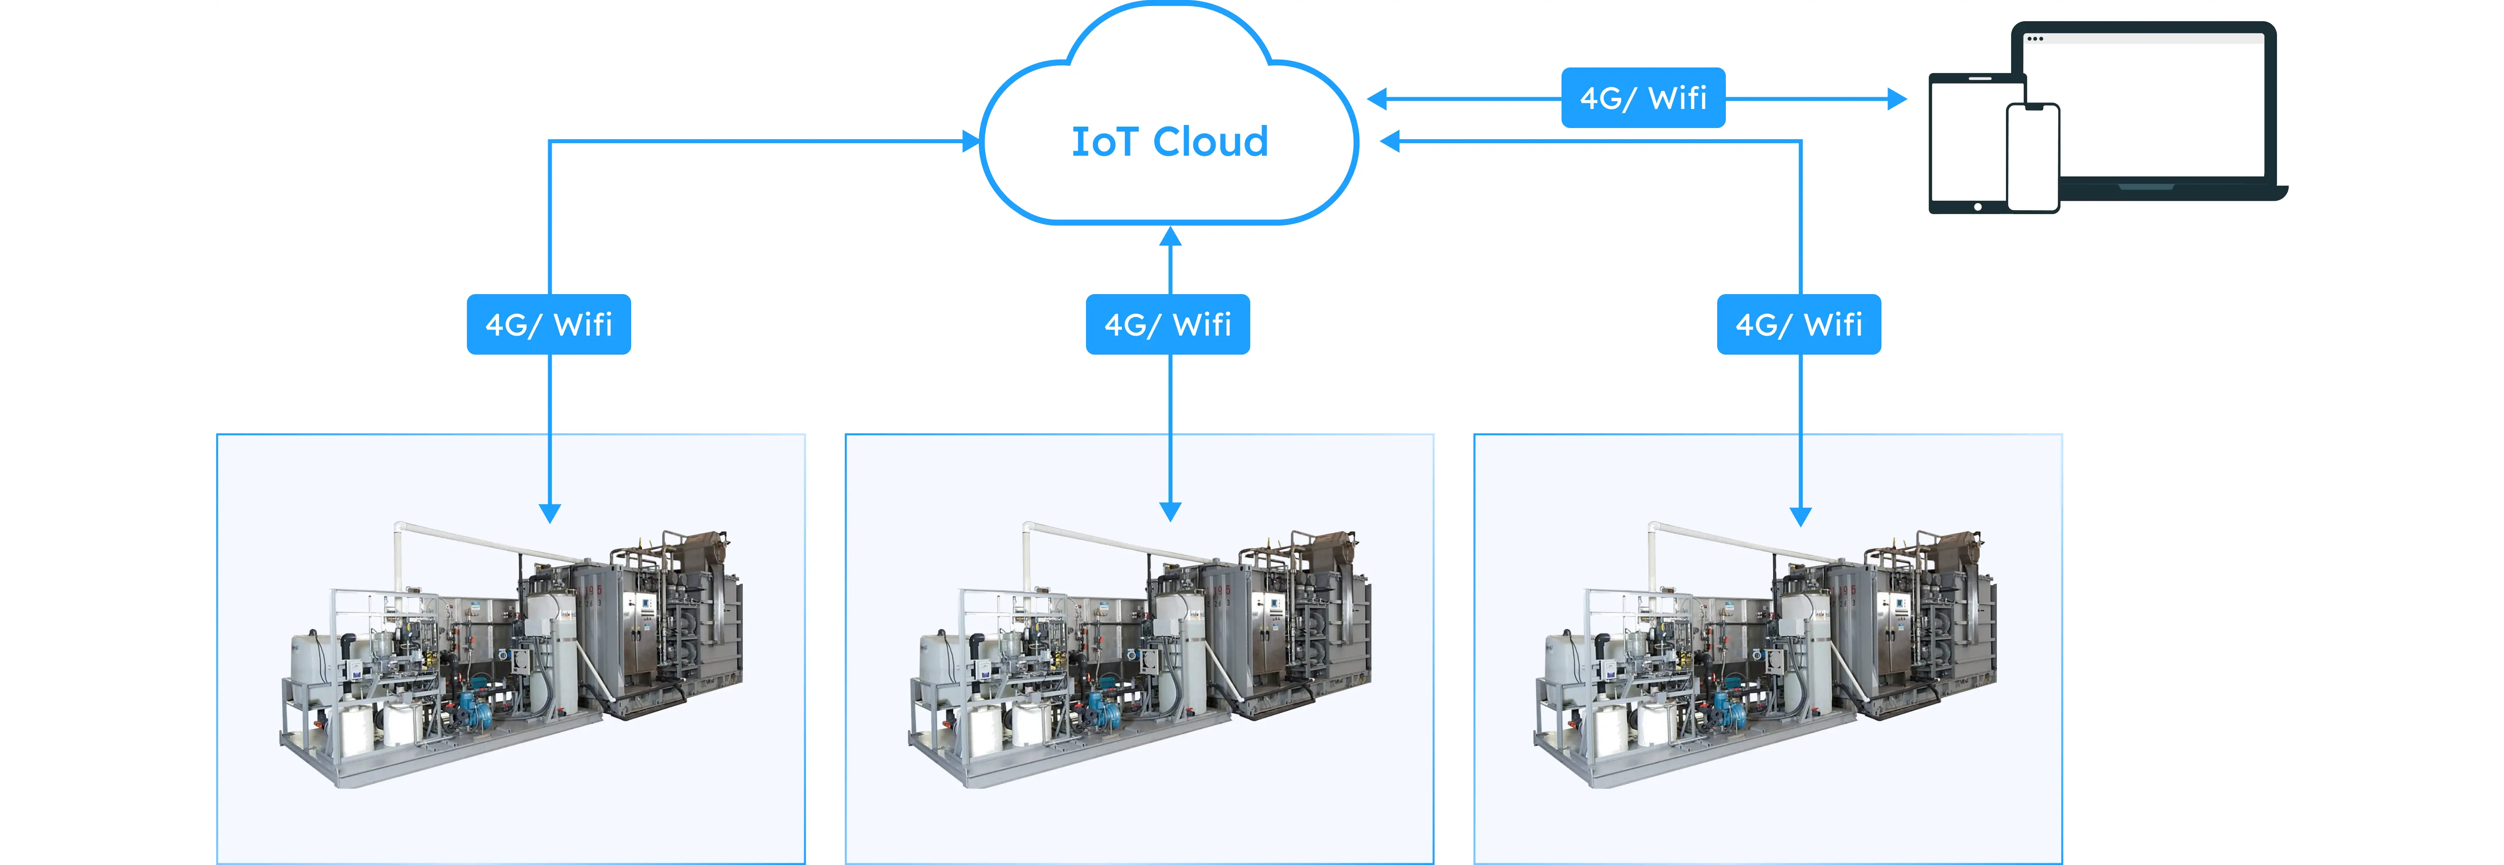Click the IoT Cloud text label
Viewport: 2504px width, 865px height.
(1169, 142)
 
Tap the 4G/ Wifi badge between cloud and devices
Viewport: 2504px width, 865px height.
(1643, 98)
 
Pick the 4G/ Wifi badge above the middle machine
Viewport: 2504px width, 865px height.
(1167, 325)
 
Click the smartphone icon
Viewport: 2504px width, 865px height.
(2033, 157)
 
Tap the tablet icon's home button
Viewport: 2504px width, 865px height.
(1977, 206)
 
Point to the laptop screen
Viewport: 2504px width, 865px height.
(2168, 107)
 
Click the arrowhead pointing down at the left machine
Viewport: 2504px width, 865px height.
(549, 512)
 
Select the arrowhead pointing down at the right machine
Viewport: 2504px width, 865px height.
(1800, 515)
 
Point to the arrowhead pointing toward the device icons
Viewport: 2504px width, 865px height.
(1895, 98)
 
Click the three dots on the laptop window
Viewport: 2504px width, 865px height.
(2034, 39)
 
